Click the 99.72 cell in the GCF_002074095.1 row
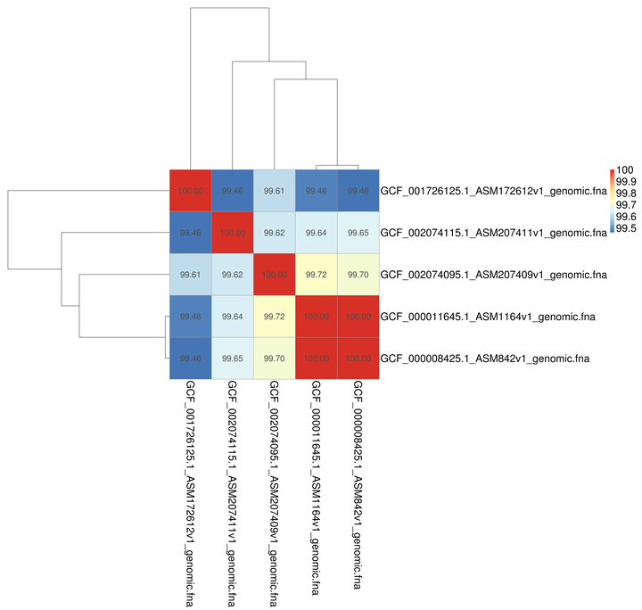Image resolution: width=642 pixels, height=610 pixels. (317, 274)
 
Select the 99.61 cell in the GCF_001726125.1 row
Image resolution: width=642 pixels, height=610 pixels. (275, 190)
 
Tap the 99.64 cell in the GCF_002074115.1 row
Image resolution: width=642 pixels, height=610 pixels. (317, 232)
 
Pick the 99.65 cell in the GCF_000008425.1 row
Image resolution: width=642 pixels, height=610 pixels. (233, 358)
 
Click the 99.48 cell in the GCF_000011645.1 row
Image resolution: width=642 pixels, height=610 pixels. (190, 316)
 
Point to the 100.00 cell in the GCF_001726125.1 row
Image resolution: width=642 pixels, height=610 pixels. (190, 190)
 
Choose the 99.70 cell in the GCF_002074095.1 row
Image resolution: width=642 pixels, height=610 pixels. (358, 274)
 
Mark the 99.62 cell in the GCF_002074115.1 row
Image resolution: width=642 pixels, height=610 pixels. (275, 232)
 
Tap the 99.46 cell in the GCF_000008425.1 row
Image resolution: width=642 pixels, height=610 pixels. (190, 358)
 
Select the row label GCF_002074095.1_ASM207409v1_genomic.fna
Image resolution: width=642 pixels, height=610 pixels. (492, 274)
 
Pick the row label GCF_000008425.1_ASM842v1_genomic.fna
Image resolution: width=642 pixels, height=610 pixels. (486, 358)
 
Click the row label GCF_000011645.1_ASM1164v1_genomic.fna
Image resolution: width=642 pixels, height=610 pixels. (489, 316)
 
